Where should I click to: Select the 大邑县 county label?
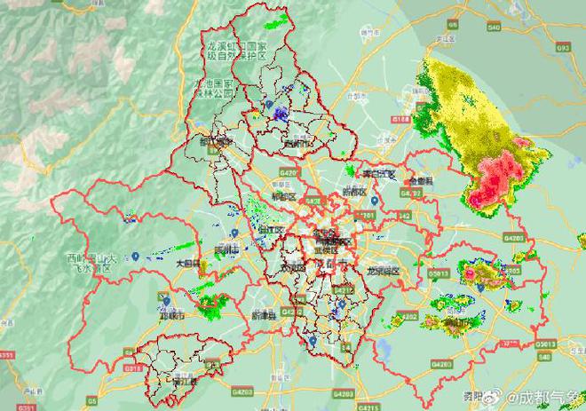(187, 264)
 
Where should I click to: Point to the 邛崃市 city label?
(172, 314)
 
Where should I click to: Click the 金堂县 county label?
(419, 180)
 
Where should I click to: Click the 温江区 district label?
(271, 229)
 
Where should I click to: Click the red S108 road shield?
(400, 118)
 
